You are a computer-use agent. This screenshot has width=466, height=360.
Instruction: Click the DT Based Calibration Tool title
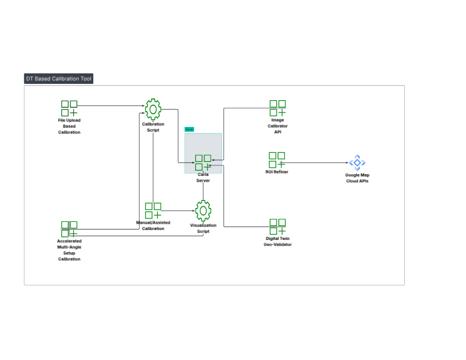58,79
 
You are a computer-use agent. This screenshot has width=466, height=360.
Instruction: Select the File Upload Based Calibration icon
69,108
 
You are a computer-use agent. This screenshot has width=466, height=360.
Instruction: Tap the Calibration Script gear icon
153,109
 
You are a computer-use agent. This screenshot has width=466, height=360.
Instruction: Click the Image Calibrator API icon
277,108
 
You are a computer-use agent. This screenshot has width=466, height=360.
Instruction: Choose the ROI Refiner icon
277,160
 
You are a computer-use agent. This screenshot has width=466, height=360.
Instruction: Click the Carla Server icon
203,163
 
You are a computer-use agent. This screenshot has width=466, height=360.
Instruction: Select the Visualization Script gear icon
203,210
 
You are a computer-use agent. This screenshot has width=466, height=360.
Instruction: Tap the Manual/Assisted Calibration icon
153,210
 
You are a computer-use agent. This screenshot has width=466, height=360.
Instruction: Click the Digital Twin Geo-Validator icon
277,227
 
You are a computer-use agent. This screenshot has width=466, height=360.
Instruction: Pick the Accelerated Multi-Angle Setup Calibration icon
69,229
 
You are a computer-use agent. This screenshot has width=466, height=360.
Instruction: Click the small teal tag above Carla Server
189,129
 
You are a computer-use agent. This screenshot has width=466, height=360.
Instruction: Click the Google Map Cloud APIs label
356,178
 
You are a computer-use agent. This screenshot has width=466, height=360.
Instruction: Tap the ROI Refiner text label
277,172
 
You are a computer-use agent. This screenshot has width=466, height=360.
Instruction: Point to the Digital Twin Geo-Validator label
277,242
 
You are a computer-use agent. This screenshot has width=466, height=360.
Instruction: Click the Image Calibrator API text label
277,126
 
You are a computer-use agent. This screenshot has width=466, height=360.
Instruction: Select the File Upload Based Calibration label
69,126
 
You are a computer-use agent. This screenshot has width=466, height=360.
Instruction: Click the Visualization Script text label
203,228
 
